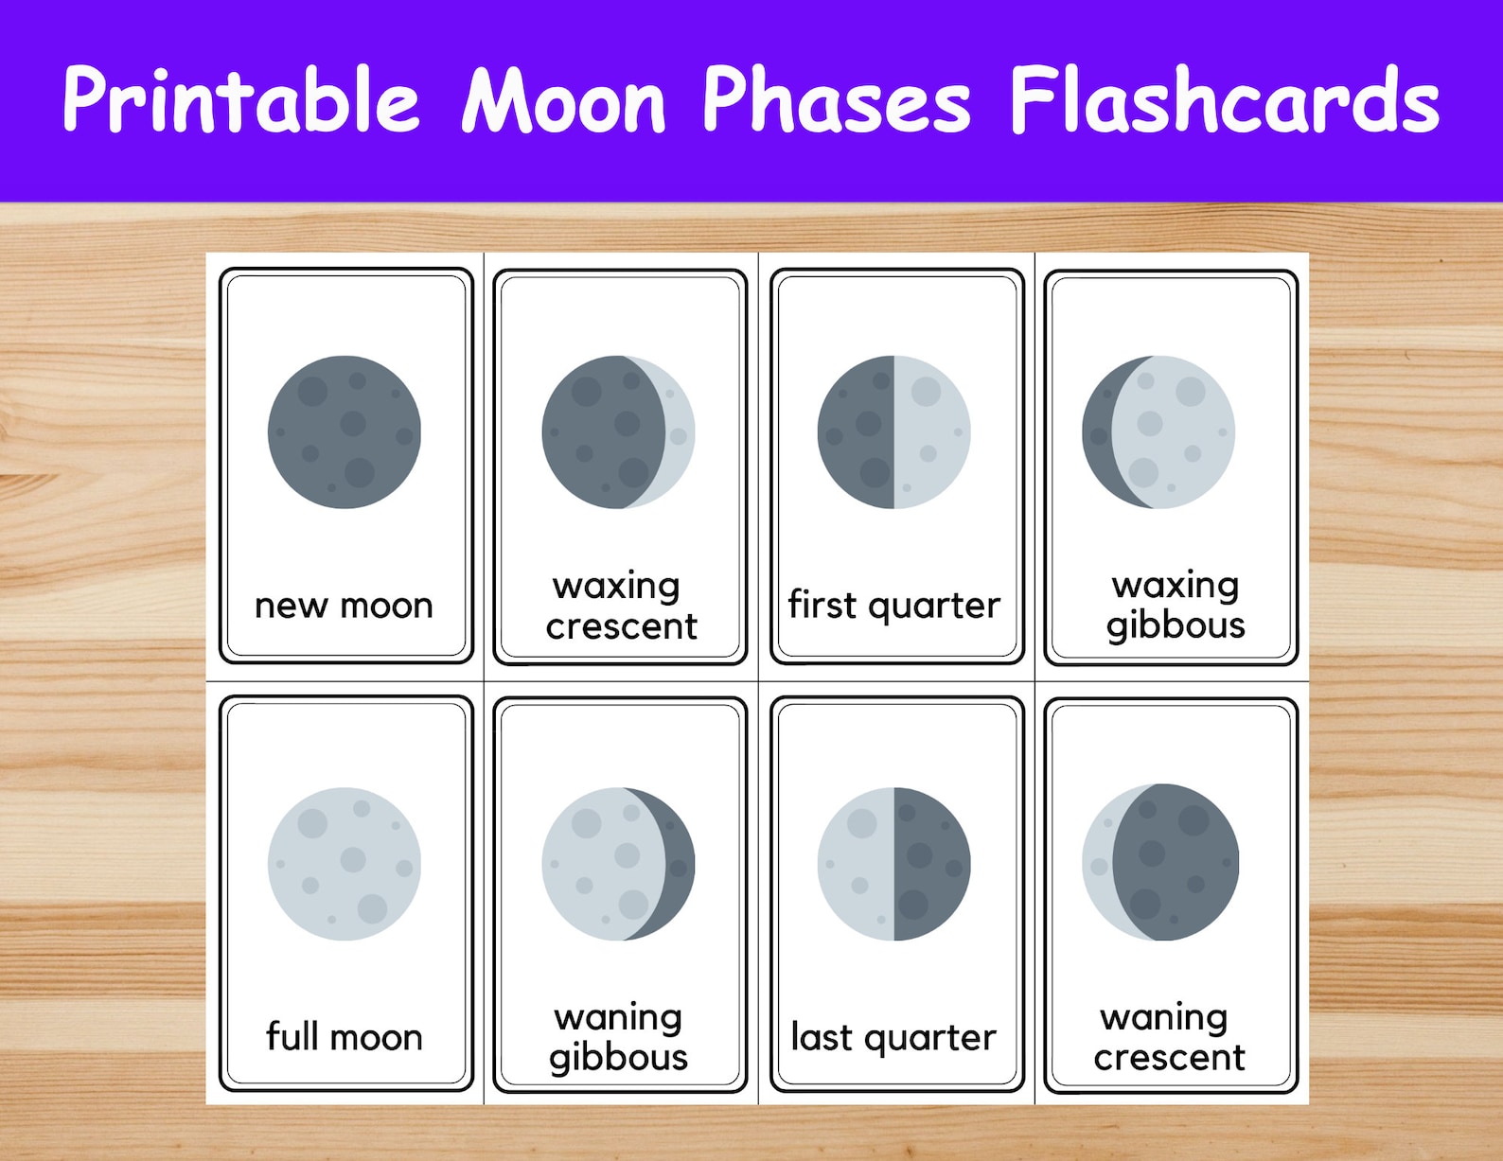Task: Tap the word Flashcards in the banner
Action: click(1225, 99)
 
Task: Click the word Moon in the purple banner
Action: click(564, 100)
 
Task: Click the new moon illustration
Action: click(345, 432)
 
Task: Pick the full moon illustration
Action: click(345, 864)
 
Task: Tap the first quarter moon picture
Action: click(894, 432)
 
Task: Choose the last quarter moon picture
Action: click(894, 864)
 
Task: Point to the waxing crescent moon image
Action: click(619, 432)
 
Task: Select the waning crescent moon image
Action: click(1160, 862)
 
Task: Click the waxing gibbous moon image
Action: click(1159, 432)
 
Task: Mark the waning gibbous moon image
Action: click(619, 864)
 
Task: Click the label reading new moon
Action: click(345, 606)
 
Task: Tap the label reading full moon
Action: click(345, 1037)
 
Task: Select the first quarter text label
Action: click(894, 606)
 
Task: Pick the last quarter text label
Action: click(894, 1038)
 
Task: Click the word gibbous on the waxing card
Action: click(1176, 626)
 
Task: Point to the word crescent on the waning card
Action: click(1170, 1057)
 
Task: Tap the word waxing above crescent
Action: click(617, 587)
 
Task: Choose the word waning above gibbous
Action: click(619, 1018)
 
